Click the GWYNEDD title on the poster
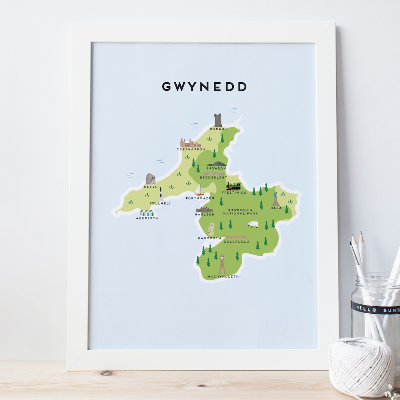[x=204, y=87]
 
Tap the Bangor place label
[x=218, y=129]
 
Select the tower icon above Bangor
[x=218, y=120]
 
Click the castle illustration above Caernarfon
[x=190, y=143]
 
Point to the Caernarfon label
[x=191, y=149]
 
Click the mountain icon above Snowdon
[x=216, y=163]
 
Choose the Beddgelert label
[x=213, y=178]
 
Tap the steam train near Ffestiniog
[x=233, y=186]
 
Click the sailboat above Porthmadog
[x=199, y=190]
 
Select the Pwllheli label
[x=160, y=203]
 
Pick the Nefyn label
[x=151, y=187]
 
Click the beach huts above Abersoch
[x=147, y=213]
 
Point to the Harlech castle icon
[x=204, y=210]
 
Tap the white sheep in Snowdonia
[x=253, y=225]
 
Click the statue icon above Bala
[x=276, y=199]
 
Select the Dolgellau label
[x=236, y=242]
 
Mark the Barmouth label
[x=209, y=238]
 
